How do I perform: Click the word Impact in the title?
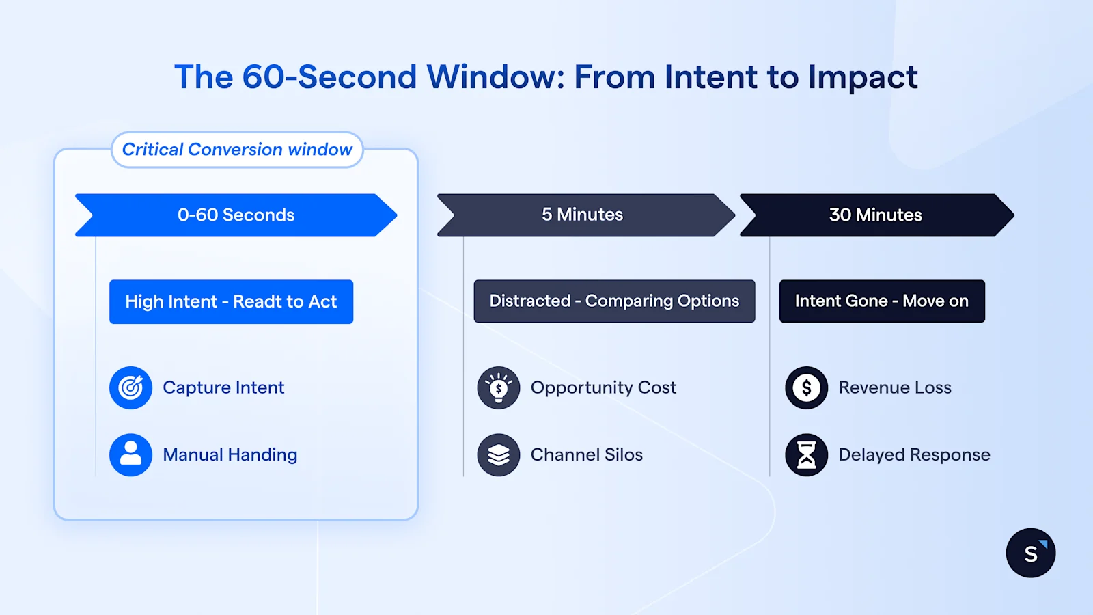(x=863, y=77)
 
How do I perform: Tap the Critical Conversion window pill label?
(x=237, y=150)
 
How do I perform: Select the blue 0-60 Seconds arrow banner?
(x=236, y=215)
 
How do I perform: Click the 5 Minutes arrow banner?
(x=583, y=215)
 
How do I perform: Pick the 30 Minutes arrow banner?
(x=875, y=215)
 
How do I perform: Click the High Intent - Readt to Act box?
(x=231, y=301)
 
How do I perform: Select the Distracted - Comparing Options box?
(x=614, y=301)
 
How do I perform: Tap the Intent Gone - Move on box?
(x=881, y=301)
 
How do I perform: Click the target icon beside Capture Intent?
(x=130, y=387)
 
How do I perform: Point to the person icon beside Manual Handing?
(x=130, y=454)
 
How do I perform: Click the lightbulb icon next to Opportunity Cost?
(x=498, y=387)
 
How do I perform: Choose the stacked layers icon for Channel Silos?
(x=498, y=454)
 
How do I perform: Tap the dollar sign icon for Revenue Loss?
(x=806, y=387)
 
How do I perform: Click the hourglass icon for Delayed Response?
(x=806, y=454)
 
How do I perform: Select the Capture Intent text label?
(x=223, y=387)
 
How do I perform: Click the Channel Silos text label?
(x=586, y=454)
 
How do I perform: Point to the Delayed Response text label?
(x=914, y=454)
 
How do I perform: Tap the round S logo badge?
(x=1030, y=553)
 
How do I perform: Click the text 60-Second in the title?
(x=329, y=77)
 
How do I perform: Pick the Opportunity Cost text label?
(x=603, y=387)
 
